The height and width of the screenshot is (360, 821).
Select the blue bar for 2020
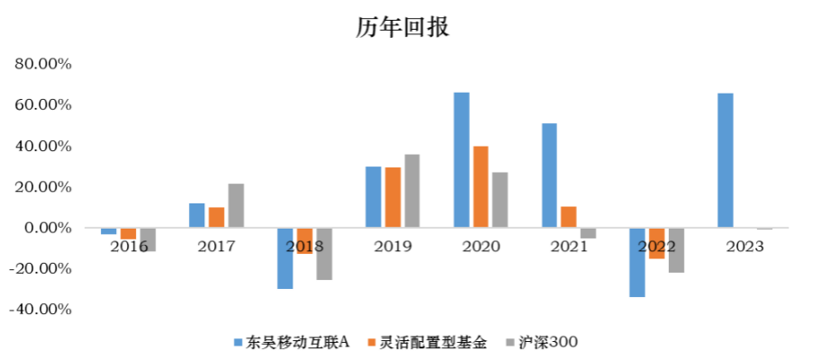point(461,160)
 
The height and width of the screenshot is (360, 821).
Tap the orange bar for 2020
point(482,187)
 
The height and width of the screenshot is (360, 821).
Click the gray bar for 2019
point(411,192)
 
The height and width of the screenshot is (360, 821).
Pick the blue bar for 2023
point(726,160)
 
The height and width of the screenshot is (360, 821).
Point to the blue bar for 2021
point(549,175)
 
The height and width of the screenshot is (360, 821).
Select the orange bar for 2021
point(568,218)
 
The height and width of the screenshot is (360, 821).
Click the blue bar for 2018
point(284,258)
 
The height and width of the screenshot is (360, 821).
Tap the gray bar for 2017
point(236,206)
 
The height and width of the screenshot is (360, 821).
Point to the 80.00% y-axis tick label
point(43,65)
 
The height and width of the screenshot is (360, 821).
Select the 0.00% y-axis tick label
point(47,229)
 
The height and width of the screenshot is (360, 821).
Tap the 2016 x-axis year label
point(128,246)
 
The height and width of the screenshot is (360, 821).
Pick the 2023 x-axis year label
point(744,246)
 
